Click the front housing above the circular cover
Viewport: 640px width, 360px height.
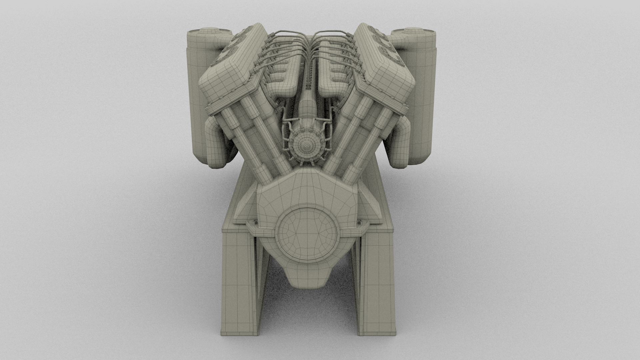click(307, 190)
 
